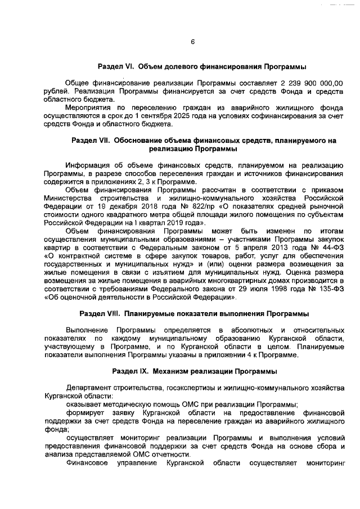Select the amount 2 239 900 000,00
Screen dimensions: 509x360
[x=313, y=83]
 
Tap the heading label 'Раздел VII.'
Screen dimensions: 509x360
[x=91, y=139]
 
